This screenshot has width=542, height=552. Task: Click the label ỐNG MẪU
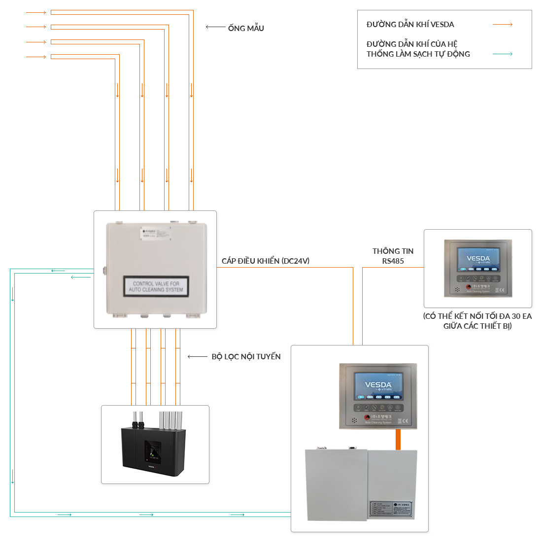click(246, 28)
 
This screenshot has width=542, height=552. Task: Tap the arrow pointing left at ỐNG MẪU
click(215, 27)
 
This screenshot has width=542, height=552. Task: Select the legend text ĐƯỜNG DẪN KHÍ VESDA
click(410, 24)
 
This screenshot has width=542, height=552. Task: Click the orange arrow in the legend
click(503, 24)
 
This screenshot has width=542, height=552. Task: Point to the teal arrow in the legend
click(503, 54)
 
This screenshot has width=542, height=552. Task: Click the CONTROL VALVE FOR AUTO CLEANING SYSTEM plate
click(156, 286)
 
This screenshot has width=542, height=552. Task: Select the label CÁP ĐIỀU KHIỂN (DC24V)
click(266, 261)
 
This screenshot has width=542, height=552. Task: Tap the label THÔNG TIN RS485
click(393, 256)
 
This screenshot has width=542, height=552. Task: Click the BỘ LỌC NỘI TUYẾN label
click(246, 356)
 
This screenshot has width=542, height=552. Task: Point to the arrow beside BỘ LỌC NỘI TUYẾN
click(197, 356)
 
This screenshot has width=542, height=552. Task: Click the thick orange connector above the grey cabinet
click(398, 439)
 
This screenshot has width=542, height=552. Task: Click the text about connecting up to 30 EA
click(477, 321)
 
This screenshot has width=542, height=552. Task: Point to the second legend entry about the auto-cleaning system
click(418, 49)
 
